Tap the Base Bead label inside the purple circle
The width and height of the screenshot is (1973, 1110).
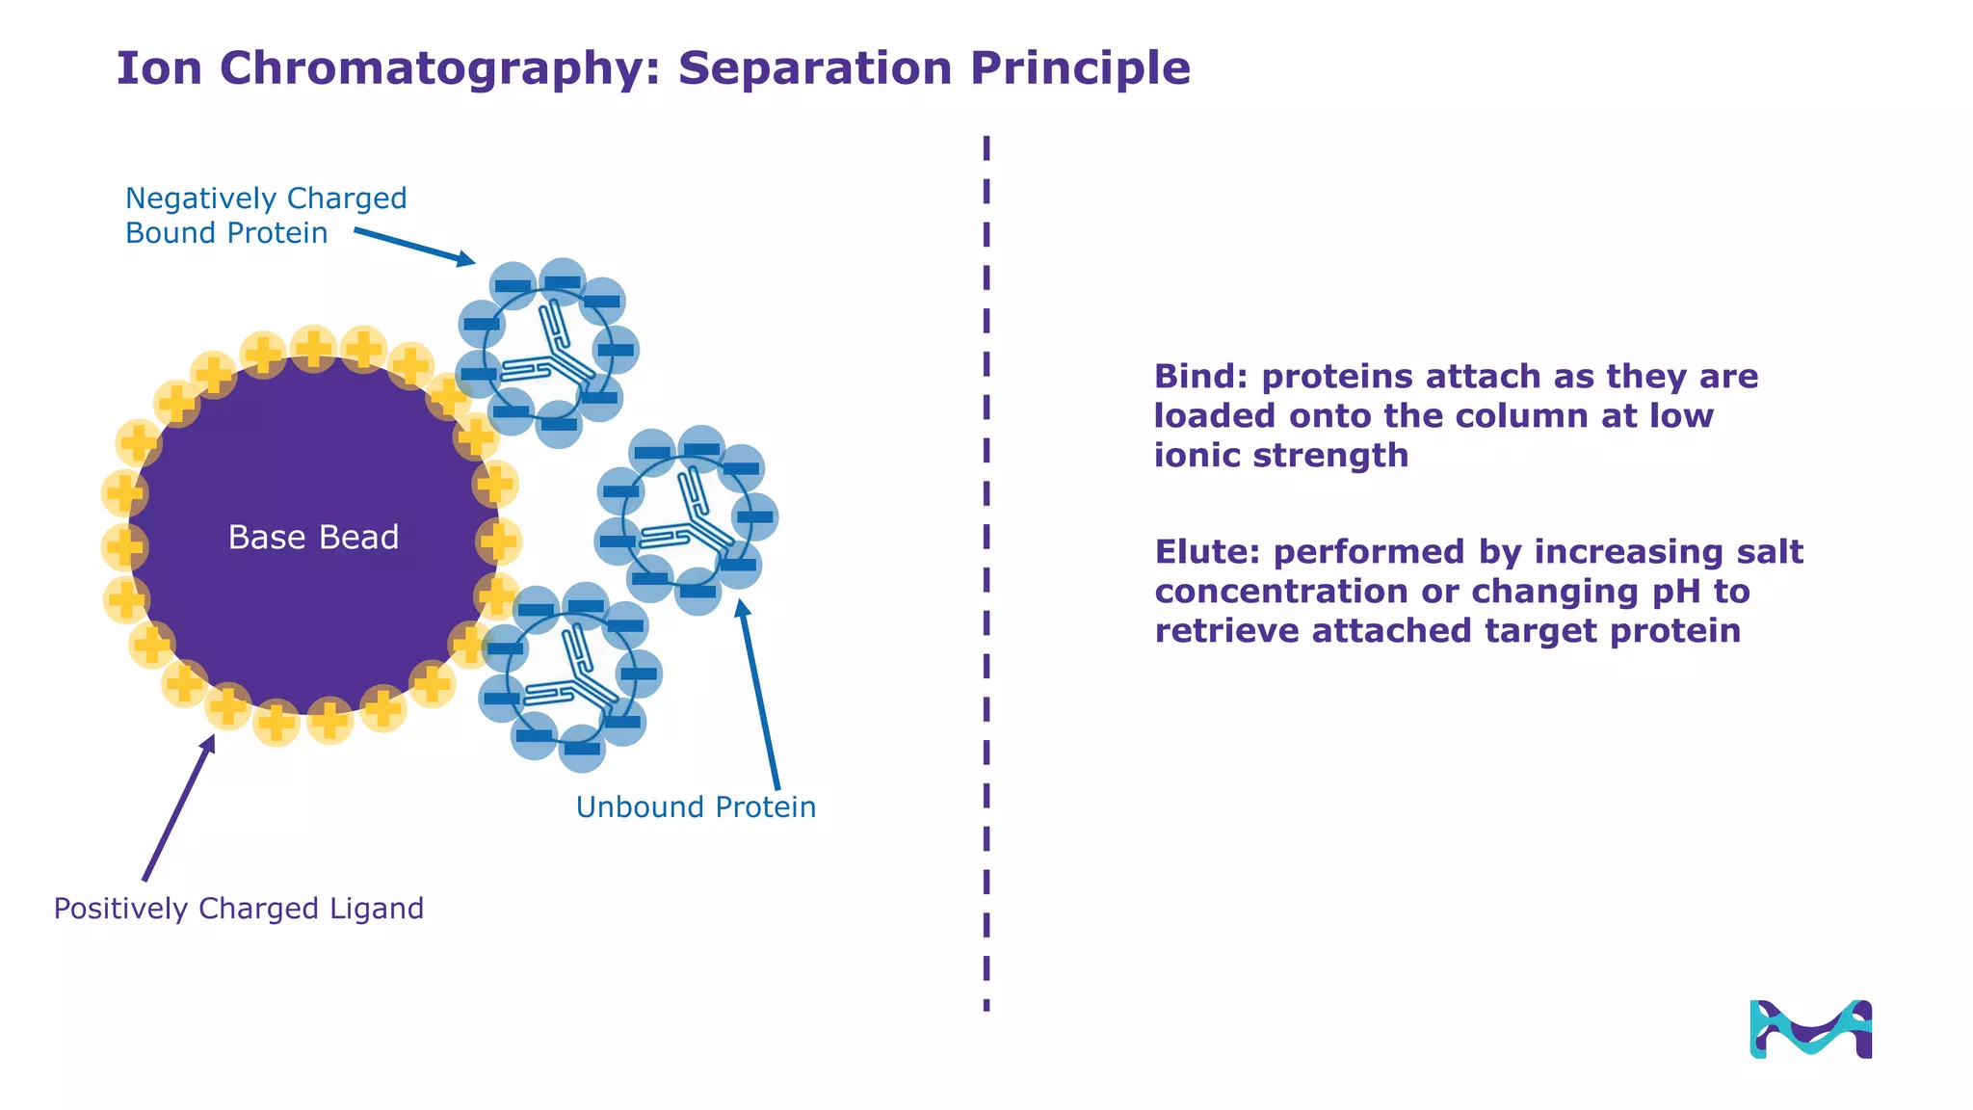(313, 538)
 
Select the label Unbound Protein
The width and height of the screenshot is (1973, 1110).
(696, 807)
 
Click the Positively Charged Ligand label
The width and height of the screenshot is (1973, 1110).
(238, 909)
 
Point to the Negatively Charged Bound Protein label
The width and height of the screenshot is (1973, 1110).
(265, 216)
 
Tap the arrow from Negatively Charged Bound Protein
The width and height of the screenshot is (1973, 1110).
(414, 246)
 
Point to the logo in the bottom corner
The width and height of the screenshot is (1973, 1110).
(1810, 1030)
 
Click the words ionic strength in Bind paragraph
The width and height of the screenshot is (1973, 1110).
(1281, 456)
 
